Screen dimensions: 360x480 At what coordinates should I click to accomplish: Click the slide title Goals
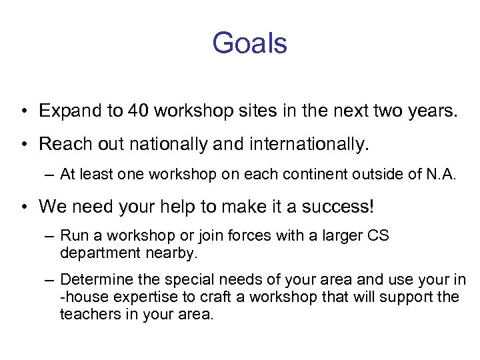click(x=249, y=44)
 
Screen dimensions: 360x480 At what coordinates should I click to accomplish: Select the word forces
click(x=251, y=235)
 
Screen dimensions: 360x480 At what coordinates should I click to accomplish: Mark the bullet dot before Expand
click(x=23, y=111)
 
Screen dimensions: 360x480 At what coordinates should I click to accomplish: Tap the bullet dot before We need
click(x=23, y=207)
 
